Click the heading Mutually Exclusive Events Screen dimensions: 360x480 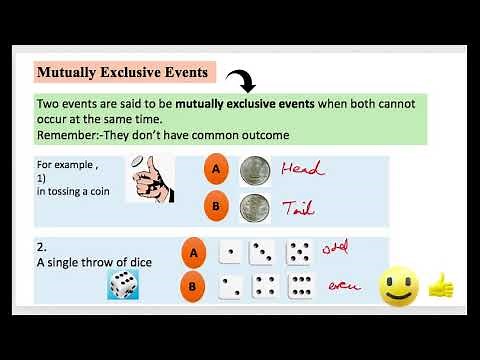tap(123, 72)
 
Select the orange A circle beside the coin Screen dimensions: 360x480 tap(214, 169)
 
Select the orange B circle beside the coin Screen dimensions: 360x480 tap(214, 208)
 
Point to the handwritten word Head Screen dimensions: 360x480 tap(304, 170)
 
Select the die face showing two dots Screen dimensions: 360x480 tap(230, 287)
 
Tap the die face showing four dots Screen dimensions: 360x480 tap(264, 287)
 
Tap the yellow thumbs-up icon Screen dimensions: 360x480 tap(440, 287)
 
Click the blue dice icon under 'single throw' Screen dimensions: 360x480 tap(123, 286)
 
